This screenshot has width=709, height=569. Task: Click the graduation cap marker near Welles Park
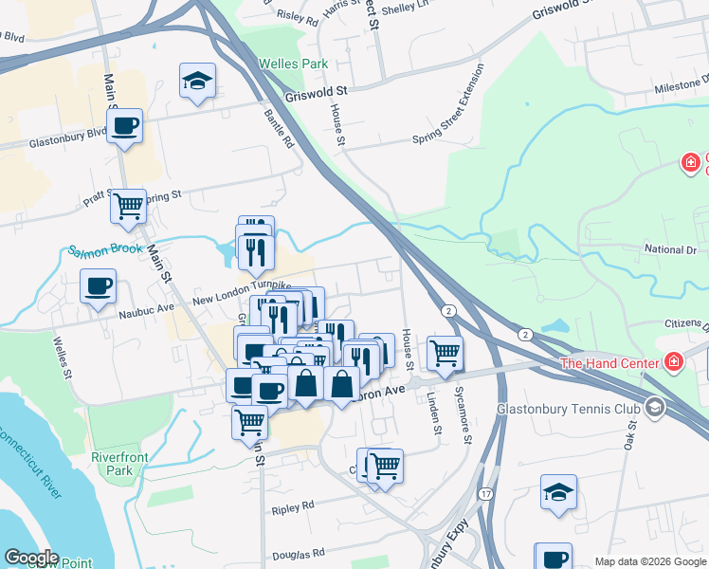(198, 82)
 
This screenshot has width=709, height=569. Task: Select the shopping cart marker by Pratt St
(129, 206)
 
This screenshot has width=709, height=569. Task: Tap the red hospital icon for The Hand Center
(674, 362)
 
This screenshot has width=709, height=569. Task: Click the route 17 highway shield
(485, 494)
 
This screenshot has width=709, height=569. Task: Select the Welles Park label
(294, 64)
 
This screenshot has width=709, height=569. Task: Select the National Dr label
(669, 249)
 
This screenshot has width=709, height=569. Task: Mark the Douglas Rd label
(299, 551)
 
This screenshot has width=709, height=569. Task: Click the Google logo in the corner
(31, 558)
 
